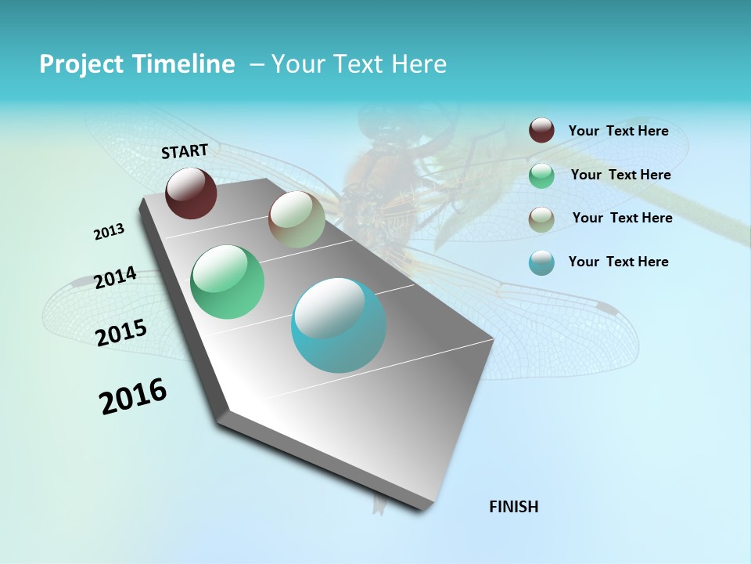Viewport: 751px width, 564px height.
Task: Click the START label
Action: coord(185,151)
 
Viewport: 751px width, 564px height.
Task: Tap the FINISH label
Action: coord(514,507)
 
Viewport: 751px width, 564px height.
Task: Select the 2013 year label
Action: coord(109,232)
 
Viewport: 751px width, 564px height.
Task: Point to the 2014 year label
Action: coord(115,278)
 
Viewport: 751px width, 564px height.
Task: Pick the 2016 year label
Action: coord(133,396)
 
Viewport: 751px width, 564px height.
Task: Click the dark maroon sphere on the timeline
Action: coord(191,193)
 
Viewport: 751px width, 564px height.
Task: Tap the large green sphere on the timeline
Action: coord(227,282)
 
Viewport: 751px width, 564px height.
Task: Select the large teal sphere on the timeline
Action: coord(339,325)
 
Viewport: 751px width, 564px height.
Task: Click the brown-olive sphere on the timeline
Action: coord(296,220)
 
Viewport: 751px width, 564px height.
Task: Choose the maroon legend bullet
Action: coord(541,131)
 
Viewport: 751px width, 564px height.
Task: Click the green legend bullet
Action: coord(541,175)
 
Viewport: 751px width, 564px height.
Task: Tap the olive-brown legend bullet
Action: coord(541,219)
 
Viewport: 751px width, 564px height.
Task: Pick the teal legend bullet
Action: coord(541,262)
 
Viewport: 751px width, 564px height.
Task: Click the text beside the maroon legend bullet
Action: coord(618,131)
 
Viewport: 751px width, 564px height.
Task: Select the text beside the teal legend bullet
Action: coord(618,262)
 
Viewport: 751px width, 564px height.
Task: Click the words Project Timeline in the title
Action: coord(137,64)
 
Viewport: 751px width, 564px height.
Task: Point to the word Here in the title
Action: coord(418,64)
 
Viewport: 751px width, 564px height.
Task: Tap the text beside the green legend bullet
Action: coord(620,175)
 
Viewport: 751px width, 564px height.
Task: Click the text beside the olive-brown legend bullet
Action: coord(622,218)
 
